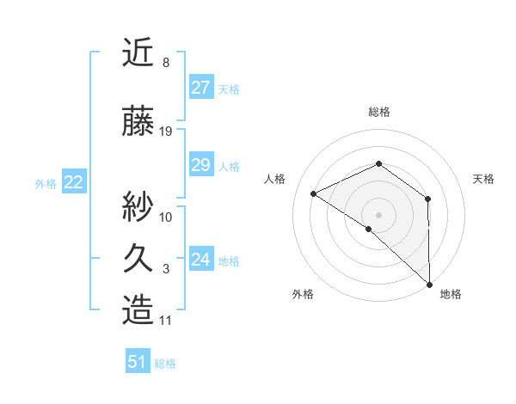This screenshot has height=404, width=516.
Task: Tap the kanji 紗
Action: tap(138, 206)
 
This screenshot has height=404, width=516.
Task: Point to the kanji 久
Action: tap(138, 259)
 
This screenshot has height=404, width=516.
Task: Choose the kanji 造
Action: tap(138, 311)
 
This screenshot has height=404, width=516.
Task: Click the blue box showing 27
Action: tap(200, 88)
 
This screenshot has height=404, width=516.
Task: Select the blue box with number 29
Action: tap(200, 165)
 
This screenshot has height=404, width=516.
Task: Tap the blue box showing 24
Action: tap(200, 260)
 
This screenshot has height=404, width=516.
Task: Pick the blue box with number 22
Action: tap(74, 182)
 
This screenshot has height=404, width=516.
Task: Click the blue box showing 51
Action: tap(138, 362)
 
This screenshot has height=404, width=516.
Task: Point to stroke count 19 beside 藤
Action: tap(166, 132)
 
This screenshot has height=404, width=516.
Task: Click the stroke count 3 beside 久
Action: tap(166, 269)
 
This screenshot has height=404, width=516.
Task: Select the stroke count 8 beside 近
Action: tap(165, 63)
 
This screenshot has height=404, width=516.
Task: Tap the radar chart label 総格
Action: tap(378, 112)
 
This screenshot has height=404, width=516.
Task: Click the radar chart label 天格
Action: tap(483, 179)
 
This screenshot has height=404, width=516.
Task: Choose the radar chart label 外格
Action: tap(303, 294)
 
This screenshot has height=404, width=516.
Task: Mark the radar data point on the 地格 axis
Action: tap(428, 283)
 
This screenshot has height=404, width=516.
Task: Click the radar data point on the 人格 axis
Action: tap(314, 193)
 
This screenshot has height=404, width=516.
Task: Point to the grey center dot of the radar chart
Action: tap(378, 214)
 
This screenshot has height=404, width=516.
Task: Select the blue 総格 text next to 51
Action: tap(165, 364)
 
